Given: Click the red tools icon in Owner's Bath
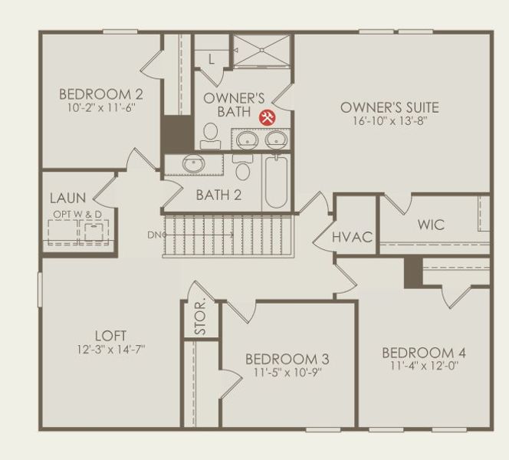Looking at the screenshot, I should click(x=268, y=117).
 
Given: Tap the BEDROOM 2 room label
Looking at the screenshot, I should click(x=101, y=95).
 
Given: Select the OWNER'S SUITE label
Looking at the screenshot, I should click(x=389, y=107).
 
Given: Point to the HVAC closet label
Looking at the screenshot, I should click(x=353, y=237).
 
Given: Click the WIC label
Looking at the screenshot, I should click(x=431, y=225).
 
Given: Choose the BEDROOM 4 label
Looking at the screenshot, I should click(x=424, y=353).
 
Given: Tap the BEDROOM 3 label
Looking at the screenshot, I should click(x=287, y=359).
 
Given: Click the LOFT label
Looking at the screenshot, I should click(x=110, y=336).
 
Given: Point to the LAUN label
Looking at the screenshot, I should click(x=68, y=199).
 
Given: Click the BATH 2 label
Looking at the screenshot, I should click(x=218, y=195).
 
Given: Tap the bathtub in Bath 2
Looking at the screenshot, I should click(x=276, y=182).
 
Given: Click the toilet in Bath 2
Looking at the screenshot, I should click(x=243, y=168).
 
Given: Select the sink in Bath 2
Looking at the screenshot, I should click(x=193, y=163).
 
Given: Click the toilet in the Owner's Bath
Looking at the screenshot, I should click(x=209, y=136).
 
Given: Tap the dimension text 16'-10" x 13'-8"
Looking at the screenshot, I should click(x=389, y=121).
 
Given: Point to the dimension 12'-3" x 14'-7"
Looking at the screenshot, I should click(x=110, y=349).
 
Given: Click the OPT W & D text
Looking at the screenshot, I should click(x=77, y=214).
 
